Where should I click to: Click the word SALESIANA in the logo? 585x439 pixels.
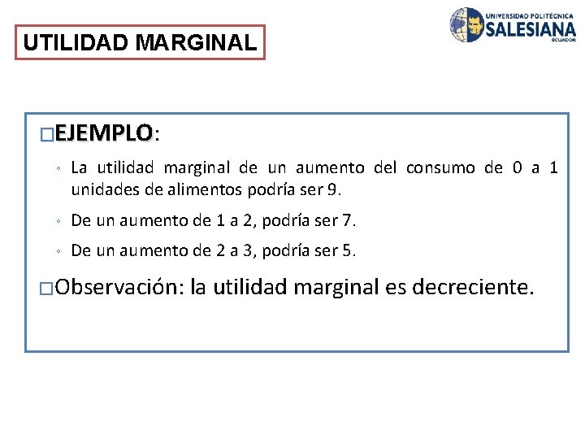point(531,28)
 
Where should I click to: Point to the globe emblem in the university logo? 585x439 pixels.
point(467,25)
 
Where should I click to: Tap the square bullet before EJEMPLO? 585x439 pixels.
point(47,133)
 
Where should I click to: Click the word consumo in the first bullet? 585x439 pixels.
point(440,168)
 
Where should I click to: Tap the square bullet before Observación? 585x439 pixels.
point(47,289)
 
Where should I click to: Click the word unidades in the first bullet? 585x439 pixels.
point(101,189)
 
